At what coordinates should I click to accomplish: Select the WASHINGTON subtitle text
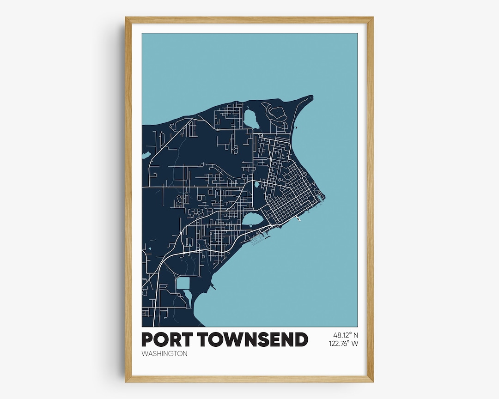coord(164,354)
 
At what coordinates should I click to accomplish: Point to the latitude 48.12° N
coord(345,335)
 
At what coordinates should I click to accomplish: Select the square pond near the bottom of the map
coord(183,283)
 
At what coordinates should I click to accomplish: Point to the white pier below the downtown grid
coord(299,219)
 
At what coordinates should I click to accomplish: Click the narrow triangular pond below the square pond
coord(189,298)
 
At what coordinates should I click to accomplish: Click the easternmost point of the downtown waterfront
coord(324,199)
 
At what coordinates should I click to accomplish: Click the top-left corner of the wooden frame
coord(126,18)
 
